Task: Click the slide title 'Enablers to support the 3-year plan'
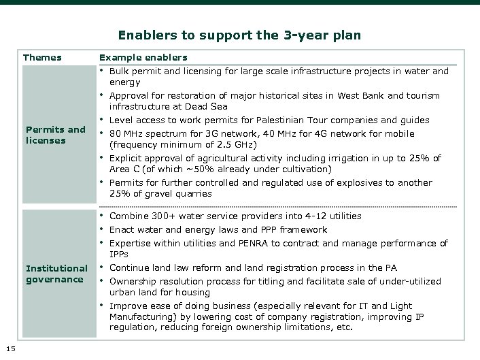(239, 35)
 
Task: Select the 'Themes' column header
(42, 57)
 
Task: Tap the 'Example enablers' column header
(143, 57)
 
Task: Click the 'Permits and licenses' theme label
(55, 135)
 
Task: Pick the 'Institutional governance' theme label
(56, 274)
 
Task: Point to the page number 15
(9, 348)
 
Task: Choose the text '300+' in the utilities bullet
(164, 216)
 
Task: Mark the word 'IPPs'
(119, 254)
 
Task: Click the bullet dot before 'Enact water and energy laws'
(102, 229)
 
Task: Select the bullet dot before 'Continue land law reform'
(102, 267)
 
